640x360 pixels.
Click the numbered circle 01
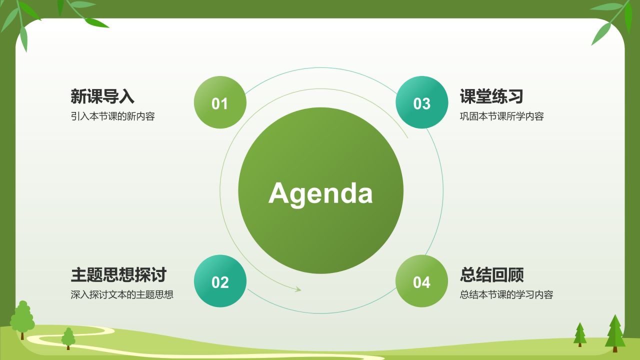[x=220, y=102]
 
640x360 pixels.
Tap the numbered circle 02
[x=220, y=281]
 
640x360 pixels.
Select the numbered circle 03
[x=421, y=102]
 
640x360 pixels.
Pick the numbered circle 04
[x=421, y=281]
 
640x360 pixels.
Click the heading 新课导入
[x=102, y=96]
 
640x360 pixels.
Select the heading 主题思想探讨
[x=118, y=275]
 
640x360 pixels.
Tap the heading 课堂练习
[x=491, y=96]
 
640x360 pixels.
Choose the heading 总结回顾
[x=491, y=275]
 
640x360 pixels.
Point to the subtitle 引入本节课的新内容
[x=113, y=116]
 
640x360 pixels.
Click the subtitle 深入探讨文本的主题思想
[x=122, y=294]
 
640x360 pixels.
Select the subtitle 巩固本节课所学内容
[x=501, y=116]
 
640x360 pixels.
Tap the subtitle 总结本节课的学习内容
[x=506, y=294]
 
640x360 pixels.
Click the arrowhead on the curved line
[x=298, y=289]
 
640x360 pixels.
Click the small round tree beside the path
[x=68, y=338]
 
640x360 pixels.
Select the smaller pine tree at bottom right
[x=579, y=334]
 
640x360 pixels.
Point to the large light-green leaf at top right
[x=601, y=33]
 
